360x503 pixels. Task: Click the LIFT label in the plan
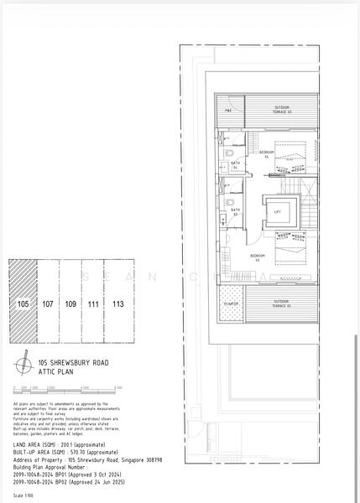[278, 212]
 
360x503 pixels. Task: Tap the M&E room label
[227, 109]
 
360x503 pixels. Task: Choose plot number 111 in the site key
[94, 303]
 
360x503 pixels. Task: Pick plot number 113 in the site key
[118, 303]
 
